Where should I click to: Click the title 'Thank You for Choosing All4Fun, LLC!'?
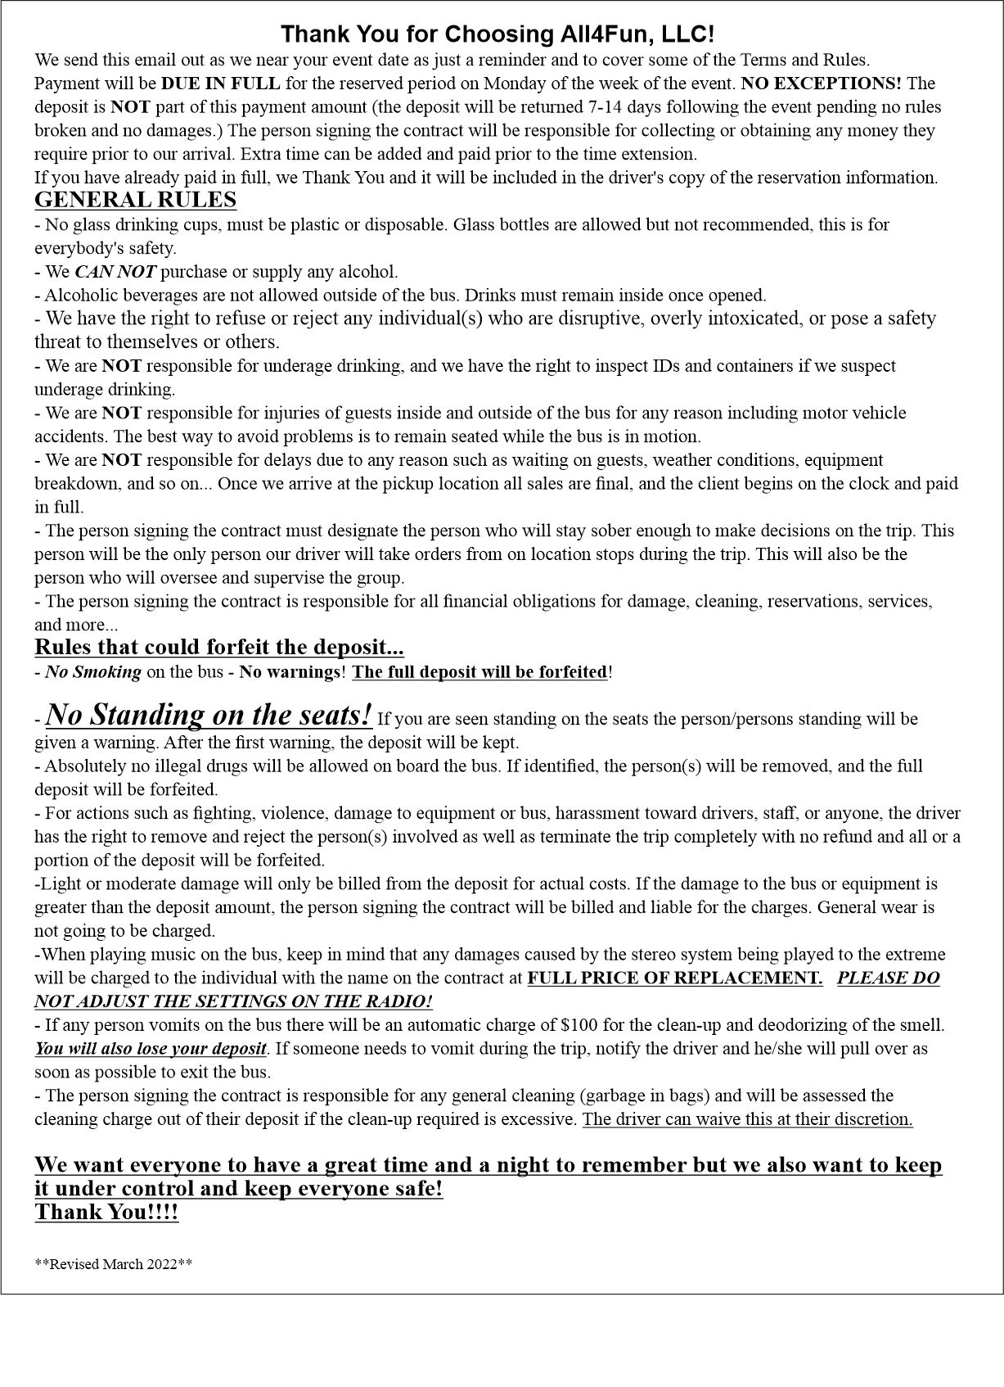pyautogui.click(x=497, y=34)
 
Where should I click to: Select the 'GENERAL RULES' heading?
pyautogui.click(x=135, y=200)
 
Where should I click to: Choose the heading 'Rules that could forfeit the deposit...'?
pyautogui.click(x=219, y=647)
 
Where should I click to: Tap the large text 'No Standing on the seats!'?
pyautogui.click(x=209, y=715)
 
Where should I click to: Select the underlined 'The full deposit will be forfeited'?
pyautogui.click(x=480, y=672)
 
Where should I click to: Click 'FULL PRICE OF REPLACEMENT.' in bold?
pyautogui.click(x=675, y=978)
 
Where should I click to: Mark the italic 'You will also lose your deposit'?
pyautogui.click(x=151, y=1049)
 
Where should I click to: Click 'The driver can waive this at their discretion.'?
pyautogui.click(x=747, y=1119)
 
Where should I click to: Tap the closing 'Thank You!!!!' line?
pyautogui.click(x=106, y=1212)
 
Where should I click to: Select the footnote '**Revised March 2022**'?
pyautogui.click(x=114, y=1263)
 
